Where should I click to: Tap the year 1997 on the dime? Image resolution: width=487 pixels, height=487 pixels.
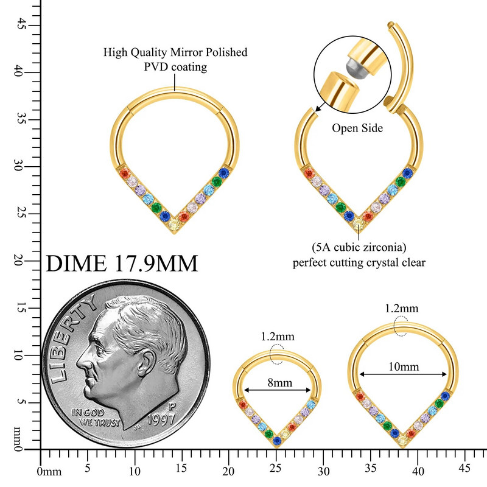(159, 419)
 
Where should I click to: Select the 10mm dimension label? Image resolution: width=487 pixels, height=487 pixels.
(403, 367)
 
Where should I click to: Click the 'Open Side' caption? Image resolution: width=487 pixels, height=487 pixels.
(357, 128)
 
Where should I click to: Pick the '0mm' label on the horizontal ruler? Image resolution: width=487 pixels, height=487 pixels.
(49, 472)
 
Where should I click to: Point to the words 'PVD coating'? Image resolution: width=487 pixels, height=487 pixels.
(175, 67)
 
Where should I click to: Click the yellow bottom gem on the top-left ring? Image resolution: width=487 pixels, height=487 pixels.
(175, 225)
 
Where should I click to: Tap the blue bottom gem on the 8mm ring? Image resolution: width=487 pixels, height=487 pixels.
(277, 440)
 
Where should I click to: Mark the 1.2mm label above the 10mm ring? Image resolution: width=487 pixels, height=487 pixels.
(402, 308)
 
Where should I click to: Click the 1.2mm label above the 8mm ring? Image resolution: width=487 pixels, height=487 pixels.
(277, 337)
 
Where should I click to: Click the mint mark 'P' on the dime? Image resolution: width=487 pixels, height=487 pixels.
(172, 403)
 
